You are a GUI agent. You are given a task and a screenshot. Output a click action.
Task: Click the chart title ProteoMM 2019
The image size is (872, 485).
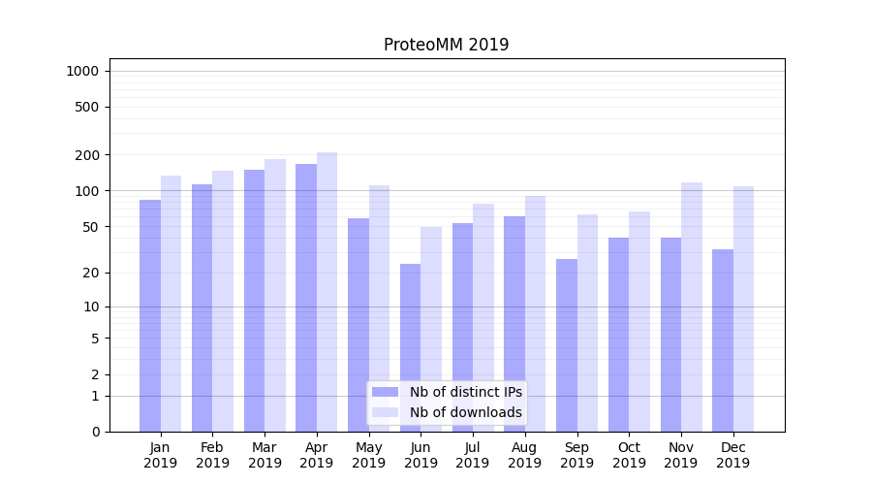coord(446,45)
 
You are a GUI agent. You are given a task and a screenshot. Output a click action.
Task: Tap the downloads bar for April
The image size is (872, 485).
coord(327,291)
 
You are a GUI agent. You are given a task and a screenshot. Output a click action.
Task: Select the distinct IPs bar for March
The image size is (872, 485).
coord(255,301)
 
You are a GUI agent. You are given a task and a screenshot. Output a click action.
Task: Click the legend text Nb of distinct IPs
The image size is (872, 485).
coord(466,392)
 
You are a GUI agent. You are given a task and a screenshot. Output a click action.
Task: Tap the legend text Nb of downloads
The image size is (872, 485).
coord(466,412)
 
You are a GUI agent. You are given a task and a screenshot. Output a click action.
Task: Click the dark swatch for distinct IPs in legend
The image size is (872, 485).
coord(385,392)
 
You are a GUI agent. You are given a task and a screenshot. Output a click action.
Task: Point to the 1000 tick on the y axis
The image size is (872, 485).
coord(82,71)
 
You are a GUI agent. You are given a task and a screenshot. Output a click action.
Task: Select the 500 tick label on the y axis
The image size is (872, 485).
coord(87,107)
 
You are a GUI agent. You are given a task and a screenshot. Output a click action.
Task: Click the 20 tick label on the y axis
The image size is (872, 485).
coord(91,273)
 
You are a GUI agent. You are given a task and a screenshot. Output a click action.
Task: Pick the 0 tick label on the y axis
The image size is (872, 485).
coord(95,432)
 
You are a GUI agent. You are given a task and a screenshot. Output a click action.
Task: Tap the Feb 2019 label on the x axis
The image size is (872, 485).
coord(212,455)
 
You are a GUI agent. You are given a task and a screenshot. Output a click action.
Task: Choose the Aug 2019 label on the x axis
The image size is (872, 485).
coord(524,455)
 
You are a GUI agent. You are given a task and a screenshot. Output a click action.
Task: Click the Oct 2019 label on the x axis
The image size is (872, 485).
coord(629,455)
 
